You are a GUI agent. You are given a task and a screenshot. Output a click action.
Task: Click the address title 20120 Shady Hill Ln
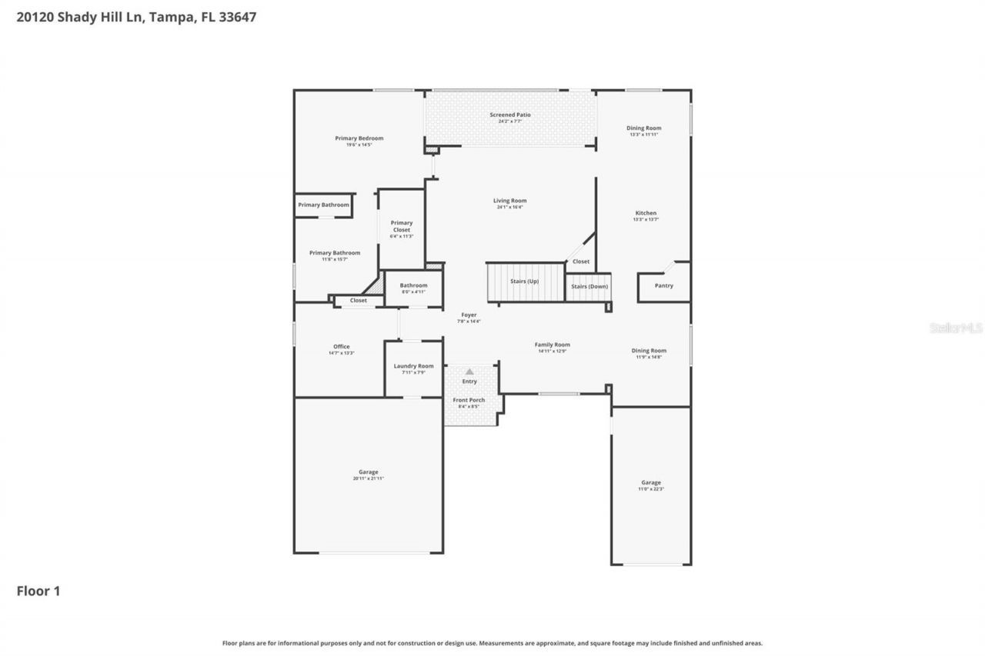click(x=136, y=17)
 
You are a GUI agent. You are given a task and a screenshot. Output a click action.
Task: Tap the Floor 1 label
click(x=38, y=591)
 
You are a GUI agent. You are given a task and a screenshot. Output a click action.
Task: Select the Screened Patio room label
click(x=510, y=115)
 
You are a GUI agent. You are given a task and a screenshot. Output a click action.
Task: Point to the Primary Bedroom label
click(x=359, y=138)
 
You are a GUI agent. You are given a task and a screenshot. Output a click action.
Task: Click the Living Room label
click(x=510, y=201)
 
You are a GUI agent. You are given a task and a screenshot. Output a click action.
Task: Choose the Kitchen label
click(x=646, y=213)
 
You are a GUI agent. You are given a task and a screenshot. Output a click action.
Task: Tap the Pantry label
click(x=663, y=286)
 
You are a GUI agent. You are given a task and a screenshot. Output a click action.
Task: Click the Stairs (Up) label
click(x=524, y=281)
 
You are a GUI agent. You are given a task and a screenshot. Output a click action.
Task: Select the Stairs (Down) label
click(x=589, y=286)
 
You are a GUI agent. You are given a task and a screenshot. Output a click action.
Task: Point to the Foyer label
click(x=469, y=315)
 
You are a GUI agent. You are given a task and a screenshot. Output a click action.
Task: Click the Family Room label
click(x=553, y=345)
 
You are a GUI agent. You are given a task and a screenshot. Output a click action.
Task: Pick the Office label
click(x=341, y=347)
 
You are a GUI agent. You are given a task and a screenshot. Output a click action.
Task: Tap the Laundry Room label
click(x=414, y=366)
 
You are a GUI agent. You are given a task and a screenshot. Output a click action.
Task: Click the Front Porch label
click(x=469, y=400)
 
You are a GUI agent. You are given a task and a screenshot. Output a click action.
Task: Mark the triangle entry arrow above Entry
click(x=469, y=371)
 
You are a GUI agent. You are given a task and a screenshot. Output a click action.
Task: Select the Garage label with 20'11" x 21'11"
click(x=369, y=472)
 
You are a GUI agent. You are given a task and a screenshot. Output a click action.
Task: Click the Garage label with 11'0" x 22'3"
click(x=651, y=483)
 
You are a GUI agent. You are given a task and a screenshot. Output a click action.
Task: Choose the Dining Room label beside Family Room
click(x=649, y=351)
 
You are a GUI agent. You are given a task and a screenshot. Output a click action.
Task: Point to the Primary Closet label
click(x=402, y=226)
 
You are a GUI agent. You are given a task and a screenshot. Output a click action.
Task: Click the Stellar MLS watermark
click(x=956, y=328)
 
